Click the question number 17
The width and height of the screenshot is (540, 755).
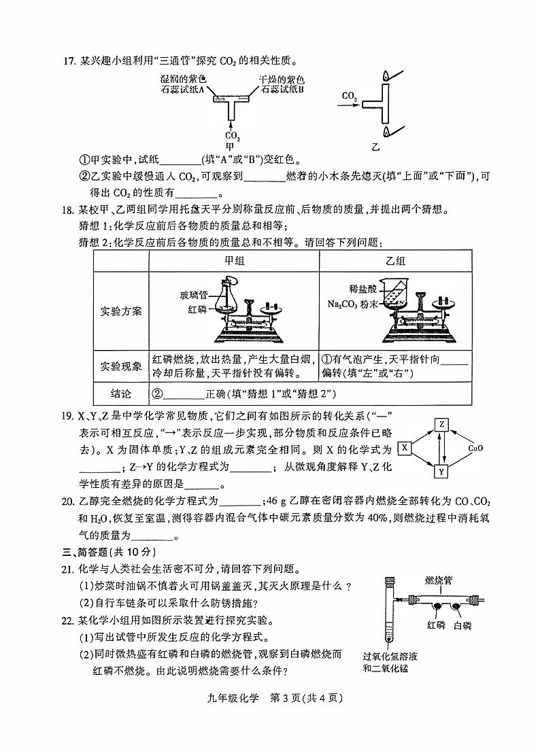point(67,62)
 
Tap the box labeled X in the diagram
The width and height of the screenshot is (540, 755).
point(404,448)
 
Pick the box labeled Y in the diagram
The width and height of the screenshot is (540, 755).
point(441,471)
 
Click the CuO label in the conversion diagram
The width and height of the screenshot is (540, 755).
point(475,449)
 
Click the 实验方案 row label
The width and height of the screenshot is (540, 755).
point(121,311)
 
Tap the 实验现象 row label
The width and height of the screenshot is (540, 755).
point(121,366)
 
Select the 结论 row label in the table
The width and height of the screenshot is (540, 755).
point(121,394)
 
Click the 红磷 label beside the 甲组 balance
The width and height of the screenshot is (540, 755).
point(197,309)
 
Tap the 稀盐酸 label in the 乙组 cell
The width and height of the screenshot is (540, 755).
point(358,288)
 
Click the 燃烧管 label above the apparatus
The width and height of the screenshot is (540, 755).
point(438,580)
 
